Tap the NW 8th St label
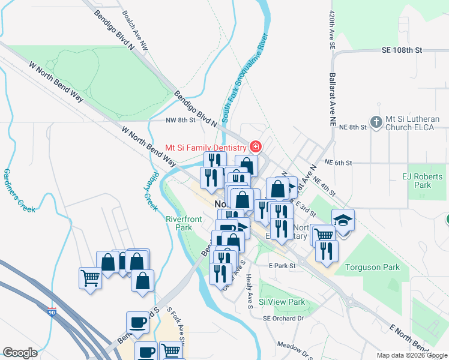pos(181,120)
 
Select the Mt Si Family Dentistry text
pos(206,147)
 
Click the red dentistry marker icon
pos(256,147)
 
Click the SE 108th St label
pos(402,50)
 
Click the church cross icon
pos(376,123)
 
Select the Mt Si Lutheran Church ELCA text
pos(414,123)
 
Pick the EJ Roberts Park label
pos(417,181)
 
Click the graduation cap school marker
pos(343,220)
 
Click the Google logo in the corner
pos(20,352)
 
